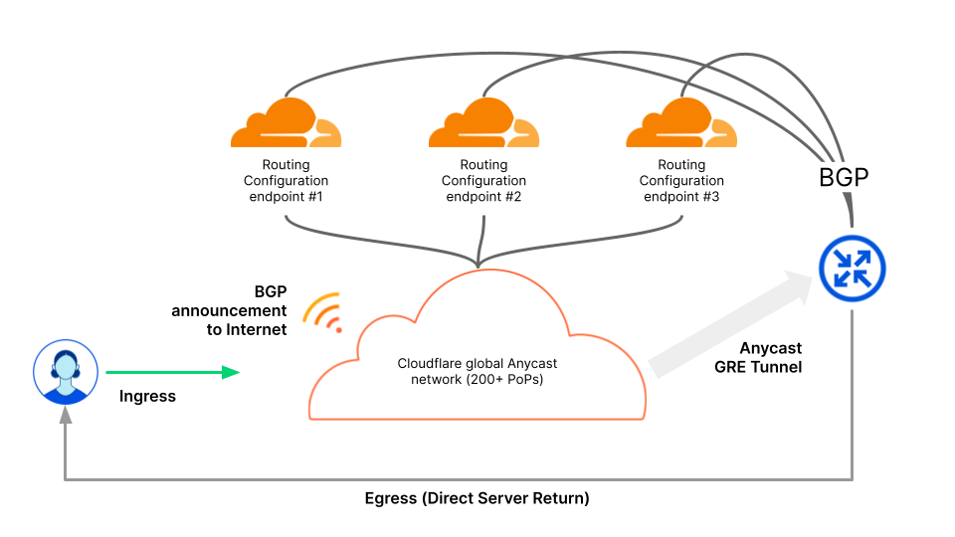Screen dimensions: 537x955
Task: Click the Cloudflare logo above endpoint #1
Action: [x=286, y=123]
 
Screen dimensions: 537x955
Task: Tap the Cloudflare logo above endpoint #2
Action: [x=483, y=123]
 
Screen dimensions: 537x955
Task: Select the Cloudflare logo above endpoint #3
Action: [x=681, y=123]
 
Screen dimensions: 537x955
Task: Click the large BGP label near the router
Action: [x=844, y=178]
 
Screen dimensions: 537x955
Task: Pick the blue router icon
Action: [x=852, y=268]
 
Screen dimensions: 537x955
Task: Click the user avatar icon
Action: [x=66, y=372]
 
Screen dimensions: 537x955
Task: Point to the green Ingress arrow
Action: [x=173, y=373]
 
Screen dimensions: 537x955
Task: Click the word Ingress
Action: [x=147, y=397]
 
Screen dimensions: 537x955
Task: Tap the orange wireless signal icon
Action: [x=324, y=311]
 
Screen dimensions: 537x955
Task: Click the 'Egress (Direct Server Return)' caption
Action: [x=477, y=498]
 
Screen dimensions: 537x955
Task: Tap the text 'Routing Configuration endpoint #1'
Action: [x=286, y=181]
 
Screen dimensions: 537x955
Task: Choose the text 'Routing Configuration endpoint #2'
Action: [x=484, y=181]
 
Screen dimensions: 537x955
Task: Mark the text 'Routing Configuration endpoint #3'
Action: [x=681, y=181]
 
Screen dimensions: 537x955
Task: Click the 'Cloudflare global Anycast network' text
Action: [x=477, y=364]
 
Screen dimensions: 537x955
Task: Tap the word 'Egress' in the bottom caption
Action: [x=390, y=498]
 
